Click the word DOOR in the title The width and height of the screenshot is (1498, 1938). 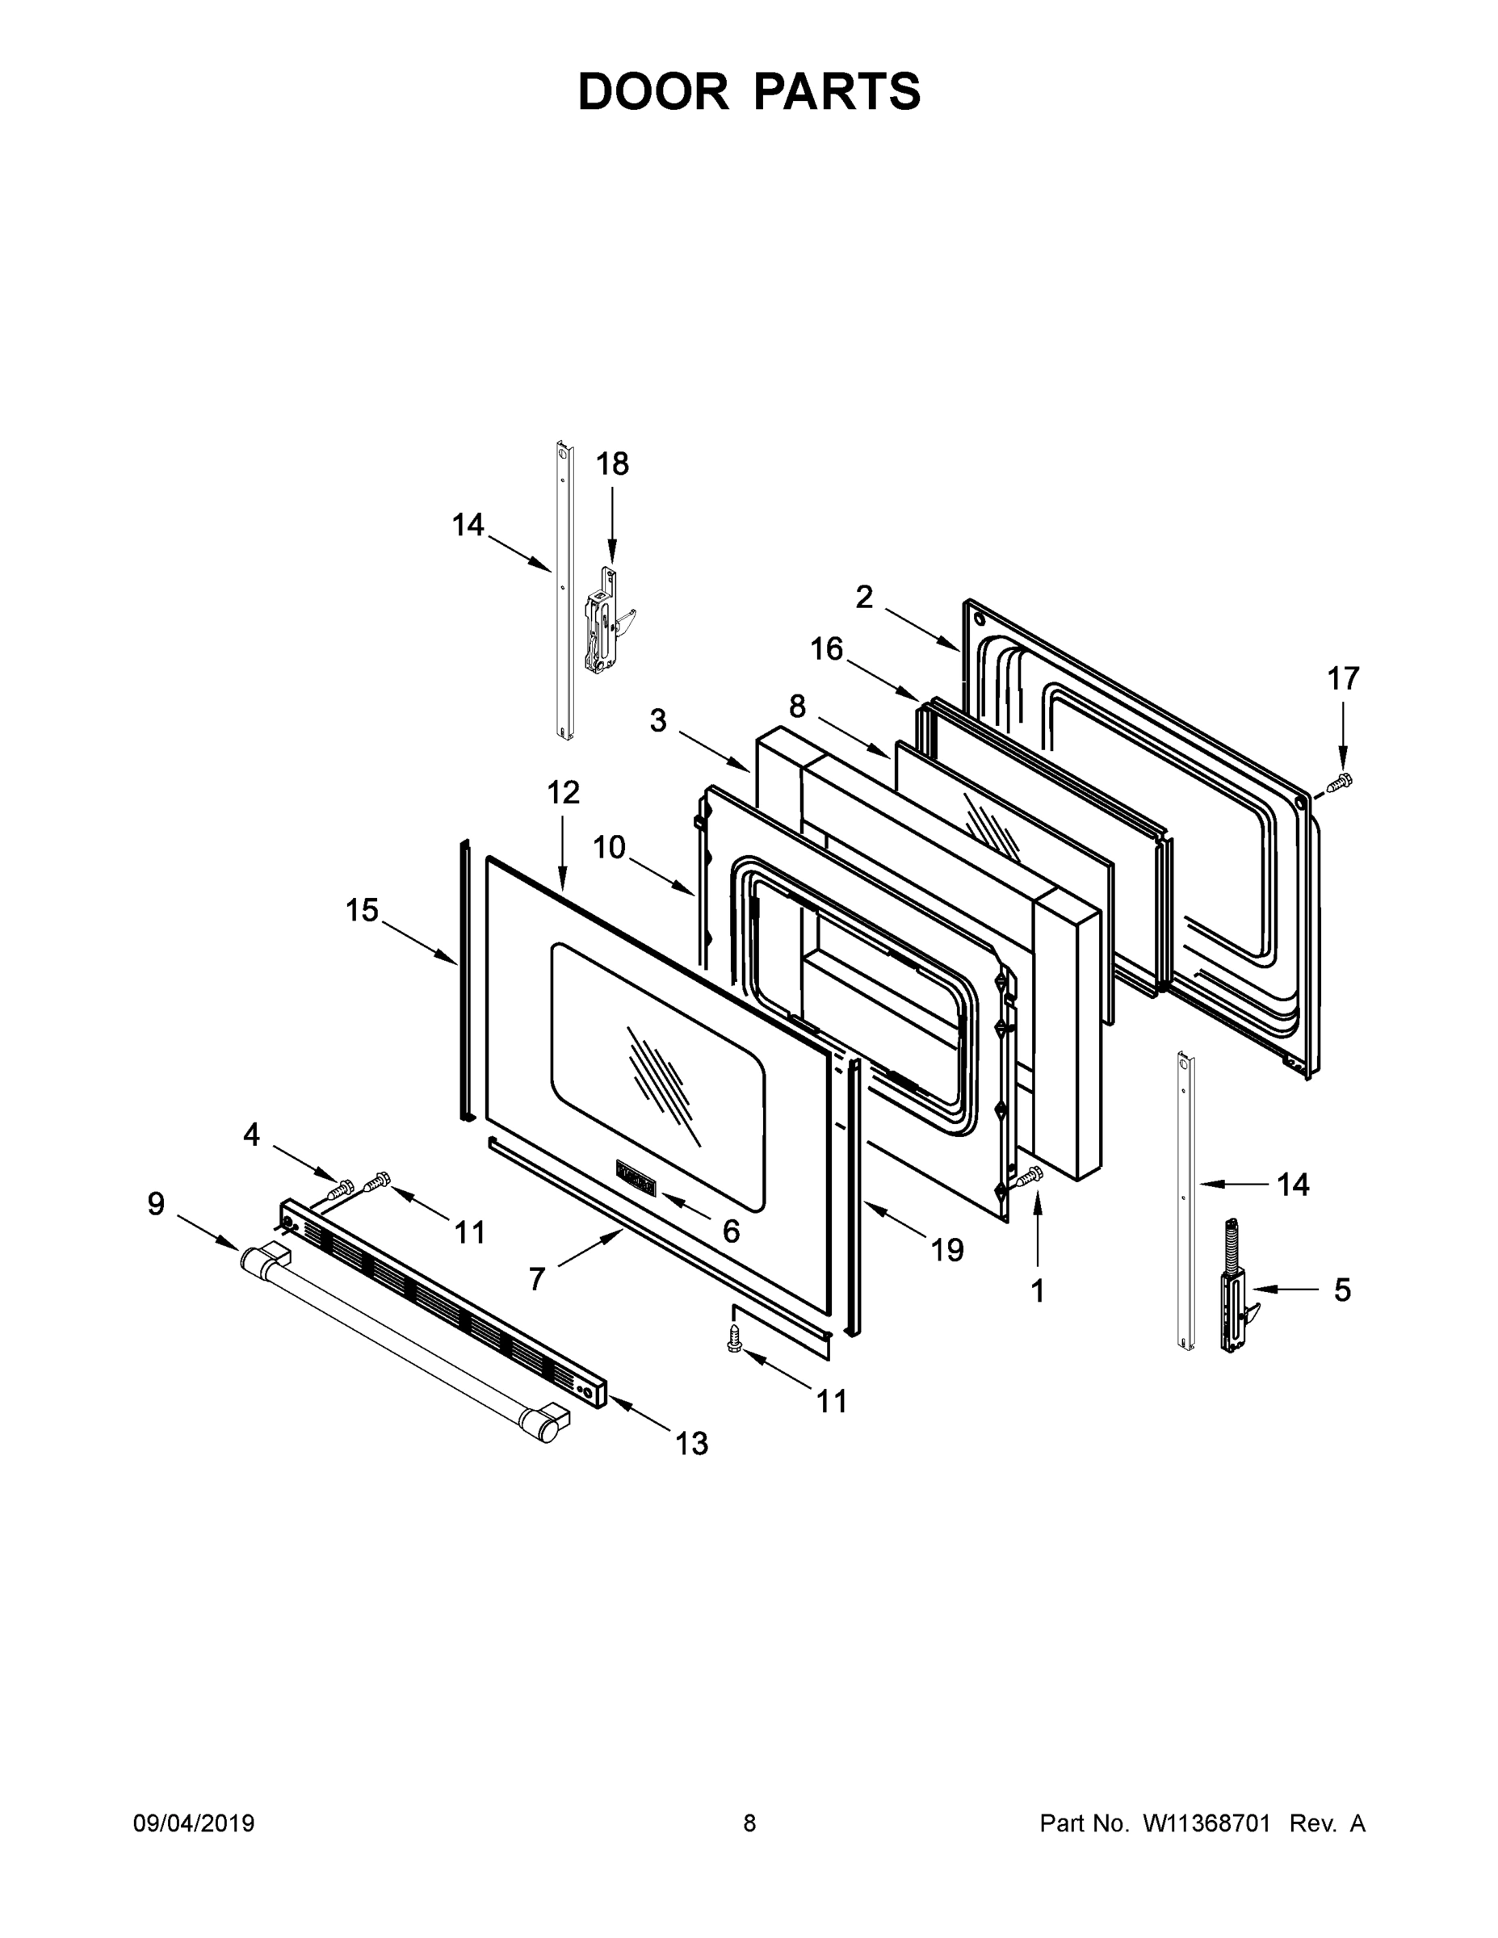tap(652, 92)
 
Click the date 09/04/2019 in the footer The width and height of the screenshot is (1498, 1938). tap(194, 1824)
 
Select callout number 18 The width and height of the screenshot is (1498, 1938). tap(611, 464)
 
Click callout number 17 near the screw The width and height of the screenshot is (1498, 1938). tap(1343, 679)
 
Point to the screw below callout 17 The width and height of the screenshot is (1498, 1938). tap(1337, 782)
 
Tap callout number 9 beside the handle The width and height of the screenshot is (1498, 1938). tap(156, 1204)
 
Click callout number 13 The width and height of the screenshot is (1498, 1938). tap(691, 1444)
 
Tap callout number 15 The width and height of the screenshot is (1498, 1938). tap(362, 910)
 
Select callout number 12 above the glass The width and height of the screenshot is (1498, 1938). tap(563, 792)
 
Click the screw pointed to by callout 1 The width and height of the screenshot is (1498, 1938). tap(1030, 1177)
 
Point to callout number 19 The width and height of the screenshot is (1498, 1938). tap(947, 1250)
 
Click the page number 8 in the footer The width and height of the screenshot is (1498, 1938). tap(749, 1824)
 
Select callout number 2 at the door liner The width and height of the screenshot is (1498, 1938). tap(863, 598)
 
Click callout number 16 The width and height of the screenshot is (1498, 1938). tap(826, 649)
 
